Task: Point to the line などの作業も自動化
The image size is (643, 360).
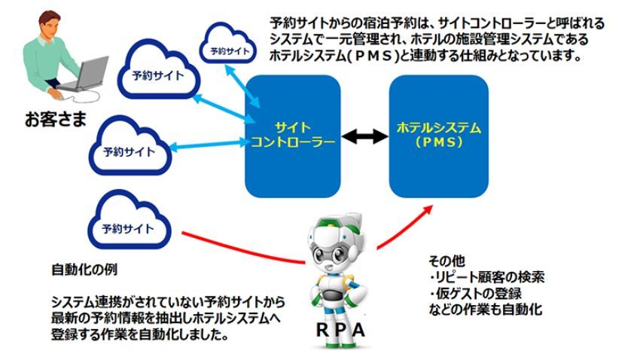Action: pyautogui.click(x=482, y=309)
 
